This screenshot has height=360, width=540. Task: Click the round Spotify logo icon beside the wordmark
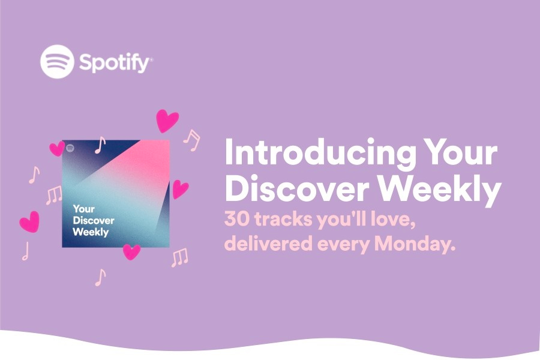pos(57,61)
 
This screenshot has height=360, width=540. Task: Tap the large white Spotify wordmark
pos(114,62)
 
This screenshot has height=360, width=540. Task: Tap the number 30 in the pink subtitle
pos(235,219)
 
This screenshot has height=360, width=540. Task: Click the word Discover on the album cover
pos(94,220)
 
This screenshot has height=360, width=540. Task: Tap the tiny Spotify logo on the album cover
pos(70,148)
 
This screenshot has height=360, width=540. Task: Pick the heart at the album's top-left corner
pos(57,148)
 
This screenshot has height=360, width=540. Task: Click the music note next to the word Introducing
pos(192,140)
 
